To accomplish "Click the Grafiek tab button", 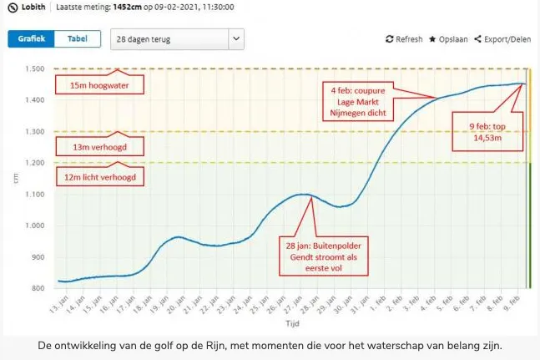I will tap(32, 39).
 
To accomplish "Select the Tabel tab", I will tap(78, 39).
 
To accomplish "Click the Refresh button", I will tap(404, 39).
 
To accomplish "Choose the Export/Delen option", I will tap(502, 39).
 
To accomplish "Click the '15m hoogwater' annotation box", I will tap(99, 84).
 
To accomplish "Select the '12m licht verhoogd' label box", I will tap(99, 177).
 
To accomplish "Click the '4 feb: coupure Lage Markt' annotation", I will tap(357, 102).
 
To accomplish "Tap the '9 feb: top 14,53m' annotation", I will tap(487, 133).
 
